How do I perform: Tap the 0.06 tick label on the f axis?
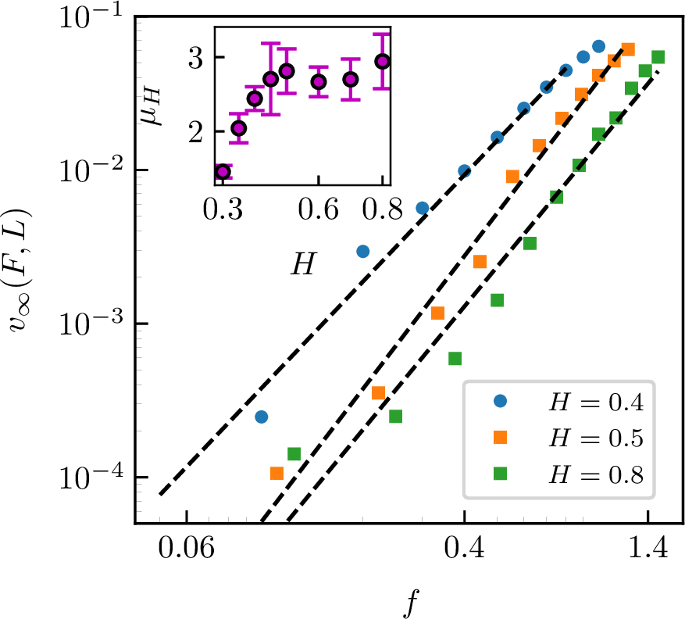tap(186, 552)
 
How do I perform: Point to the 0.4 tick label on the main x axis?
tap(464, 552)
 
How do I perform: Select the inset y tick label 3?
tap(200, 57)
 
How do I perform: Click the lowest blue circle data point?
tap(262, 417)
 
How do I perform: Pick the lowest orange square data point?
tap(276, 473)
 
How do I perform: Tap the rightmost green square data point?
tap(658, 57)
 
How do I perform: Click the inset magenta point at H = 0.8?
tap(382, 61)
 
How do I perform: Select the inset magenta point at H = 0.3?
tap(223, 172)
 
